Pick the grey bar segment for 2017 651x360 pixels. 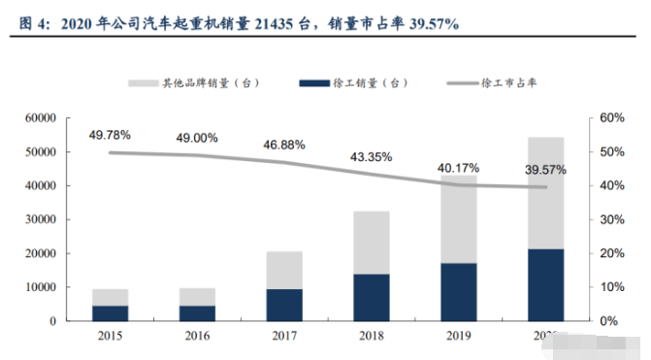pos(283,270)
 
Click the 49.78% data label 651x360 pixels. pos(109,135)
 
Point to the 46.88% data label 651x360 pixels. pos(283,145)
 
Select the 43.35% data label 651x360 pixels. pos(371,156)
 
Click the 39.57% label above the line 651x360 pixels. pos(544,170)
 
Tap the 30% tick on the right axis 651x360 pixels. pos(609,219)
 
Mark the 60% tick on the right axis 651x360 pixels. pos(609,117)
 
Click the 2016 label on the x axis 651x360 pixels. pos(196,336)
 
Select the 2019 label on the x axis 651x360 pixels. pos(457,336)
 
